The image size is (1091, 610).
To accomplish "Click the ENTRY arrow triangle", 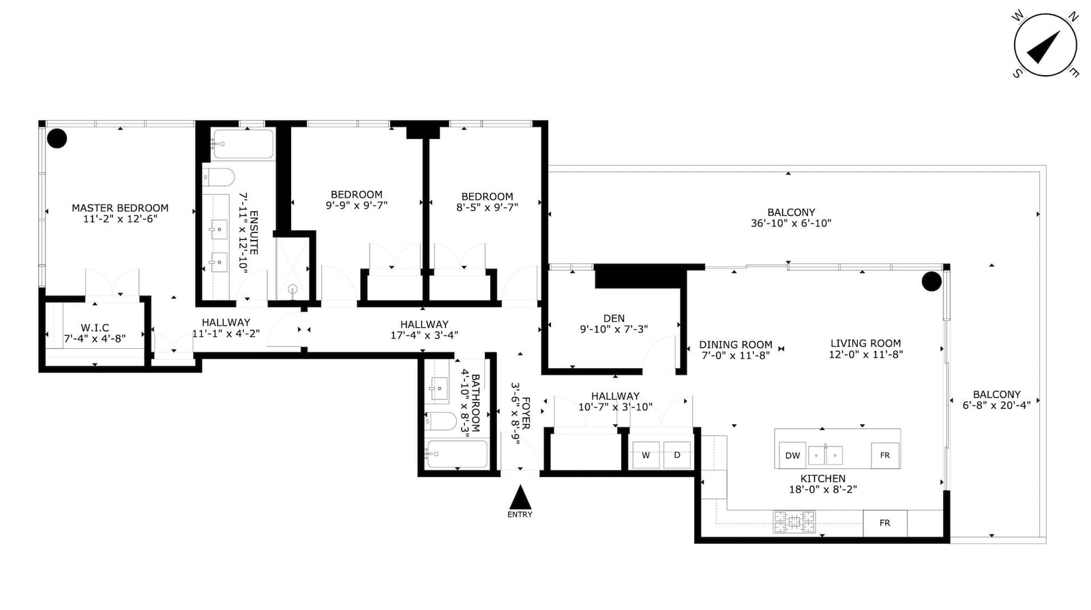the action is pyautogui.click(x=520, y=498).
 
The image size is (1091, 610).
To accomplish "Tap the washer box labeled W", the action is pyautogui.click(x=646, y=455).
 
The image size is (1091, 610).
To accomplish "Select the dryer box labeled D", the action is pyautogui.click(x=677, y=455).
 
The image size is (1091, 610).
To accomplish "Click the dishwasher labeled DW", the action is pyautogui.click(x=792, y=455).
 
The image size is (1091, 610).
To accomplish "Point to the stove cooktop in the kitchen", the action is pyautogui.click(x=794, y=521).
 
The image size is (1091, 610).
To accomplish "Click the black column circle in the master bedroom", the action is pyautogui.click(x=57, y=139).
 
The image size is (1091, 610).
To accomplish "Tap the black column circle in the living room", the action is pyautogui.click(x=931, y=281).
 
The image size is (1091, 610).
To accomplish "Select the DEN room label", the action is pyautogui.click(x=614, y=318).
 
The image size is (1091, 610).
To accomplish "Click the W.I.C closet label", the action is pyautogui.click(x=95, y=328).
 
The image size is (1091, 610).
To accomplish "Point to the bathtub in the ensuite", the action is pyautogui.click(x=243, y=144).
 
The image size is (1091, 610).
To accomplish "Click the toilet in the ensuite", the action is pyautogui.click(x=219, y=177).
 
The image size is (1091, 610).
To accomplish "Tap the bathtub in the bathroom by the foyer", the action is pyautogui.click(x=456, y=454).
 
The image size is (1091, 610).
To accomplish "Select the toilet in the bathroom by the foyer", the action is pyautogui.click(x=441, y=421).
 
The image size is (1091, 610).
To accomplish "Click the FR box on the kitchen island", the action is pyautogui.click(x=885, y=455).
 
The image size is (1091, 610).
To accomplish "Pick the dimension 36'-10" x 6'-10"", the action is pyautogui.click(x=791, y=224).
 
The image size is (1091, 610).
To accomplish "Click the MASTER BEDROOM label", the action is pyautogui.click(x=120, y=208).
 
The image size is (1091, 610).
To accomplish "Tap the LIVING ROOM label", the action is pyautogui.click(x=865, y=344).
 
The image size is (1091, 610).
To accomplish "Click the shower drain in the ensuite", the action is pyautogui.click(x=293, y=290).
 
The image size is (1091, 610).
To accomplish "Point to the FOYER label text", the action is pyautogui.click(x=526, y=414).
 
